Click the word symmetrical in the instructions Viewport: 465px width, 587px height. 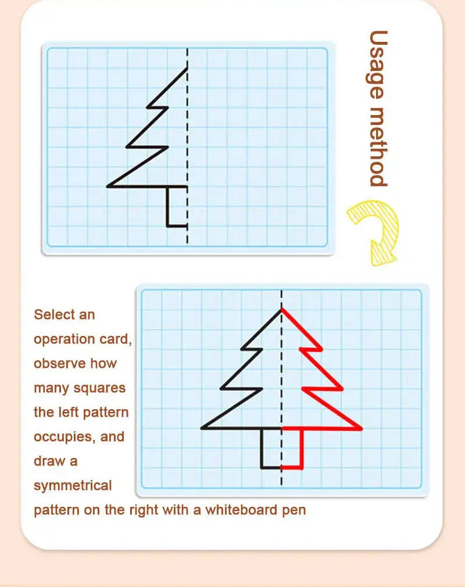tap(73, 485)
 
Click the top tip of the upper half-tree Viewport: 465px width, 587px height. tap(187, 69)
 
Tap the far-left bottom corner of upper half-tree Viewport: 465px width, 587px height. tap(108, 187)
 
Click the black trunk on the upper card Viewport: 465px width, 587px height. tap(168, 206)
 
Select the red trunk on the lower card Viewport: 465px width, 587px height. tap(302, 448)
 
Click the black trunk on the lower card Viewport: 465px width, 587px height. tap(262, 448)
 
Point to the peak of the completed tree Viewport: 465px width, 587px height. tap(282, 309)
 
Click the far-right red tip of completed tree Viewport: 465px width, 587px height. tap(361, 429)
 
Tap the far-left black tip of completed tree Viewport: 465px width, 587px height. tap(202, 428)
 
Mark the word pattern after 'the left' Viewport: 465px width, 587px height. tap(105, 412)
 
